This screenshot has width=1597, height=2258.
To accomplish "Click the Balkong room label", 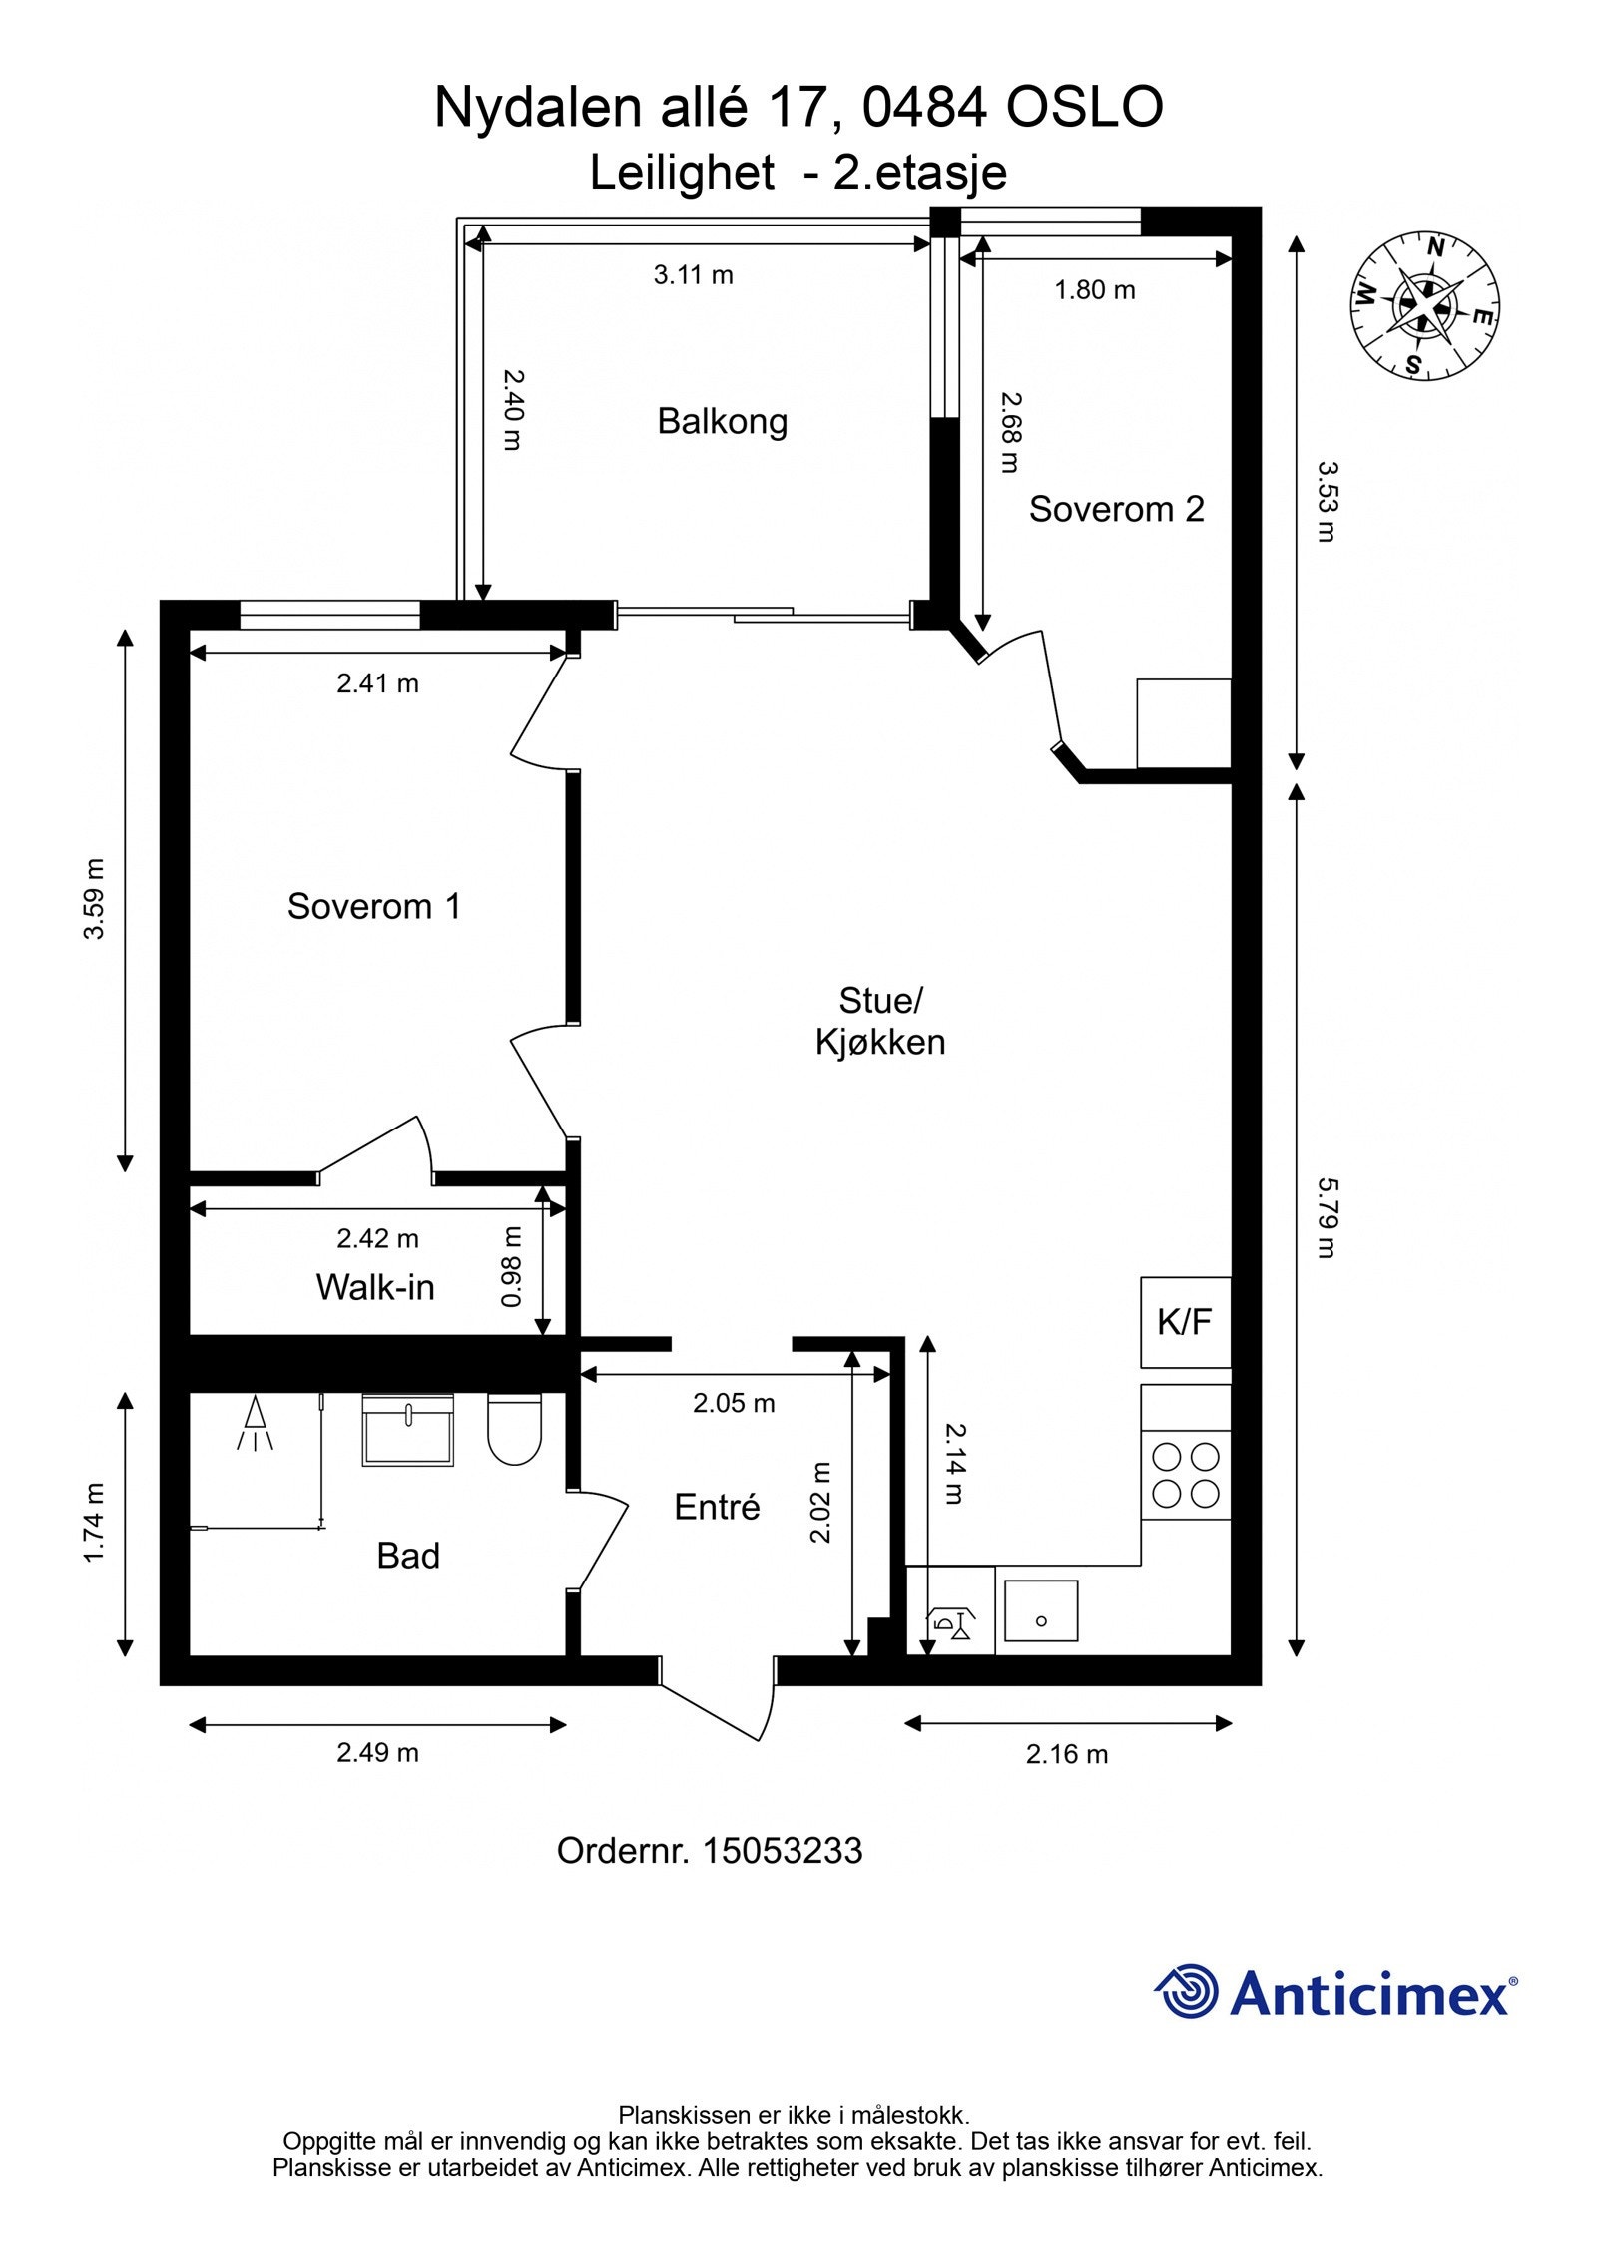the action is click(722, 422).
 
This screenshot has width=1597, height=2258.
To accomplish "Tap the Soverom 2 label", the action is click(1116, 509).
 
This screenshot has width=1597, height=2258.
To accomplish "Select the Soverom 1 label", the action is click(374, 906).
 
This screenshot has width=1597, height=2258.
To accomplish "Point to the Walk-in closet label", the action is click(375, 1287).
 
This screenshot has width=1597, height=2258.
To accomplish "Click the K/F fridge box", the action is click(1185, 1322).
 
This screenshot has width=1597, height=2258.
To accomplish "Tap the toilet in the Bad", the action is click(514, 1429).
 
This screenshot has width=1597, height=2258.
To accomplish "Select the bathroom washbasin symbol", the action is click(407, 1430).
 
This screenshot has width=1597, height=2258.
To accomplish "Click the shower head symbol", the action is click(256, 1424).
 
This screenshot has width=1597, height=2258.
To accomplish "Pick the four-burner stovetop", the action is click(1186, 1476).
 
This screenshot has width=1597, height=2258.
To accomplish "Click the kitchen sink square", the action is click(1041, 1611).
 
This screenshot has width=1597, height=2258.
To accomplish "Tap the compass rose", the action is click(1427, 305).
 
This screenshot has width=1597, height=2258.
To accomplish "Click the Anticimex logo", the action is click(1335, 1993).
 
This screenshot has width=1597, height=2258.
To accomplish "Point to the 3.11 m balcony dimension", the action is click(694, 274).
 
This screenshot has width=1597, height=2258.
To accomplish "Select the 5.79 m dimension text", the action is click(1327, 1217).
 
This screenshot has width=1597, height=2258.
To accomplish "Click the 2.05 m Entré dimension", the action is click(734, 1403).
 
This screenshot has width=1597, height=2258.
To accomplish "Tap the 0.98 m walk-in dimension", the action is click(511, 1267).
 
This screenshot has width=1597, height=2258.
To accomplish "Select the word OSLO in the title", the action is click(1084, 107).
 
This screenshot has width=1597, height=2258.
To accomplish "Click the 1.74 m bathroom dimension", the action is click(94, 1523).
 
